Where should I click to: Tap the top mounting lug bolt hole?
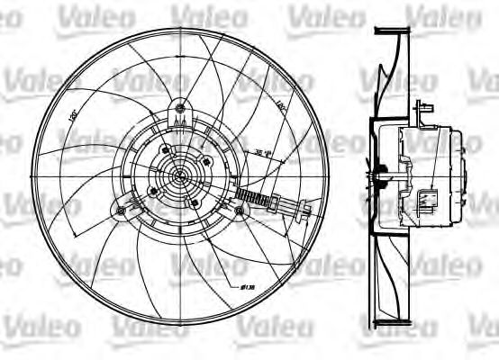click(181, 110)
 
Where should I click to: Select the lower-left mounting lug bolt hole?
click(122, 211)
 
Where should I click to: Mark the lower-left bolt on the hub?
click(153, 190)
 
